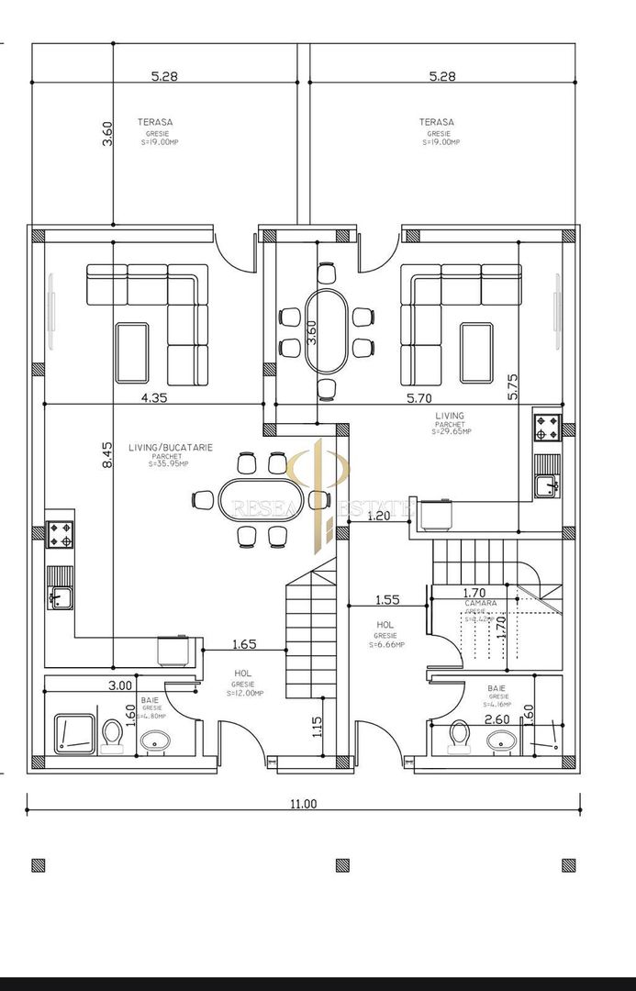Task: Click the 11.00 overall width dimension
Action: pyautogui.click(x=303, y=804)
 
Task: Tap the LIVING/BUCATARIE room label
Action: pyautogui.click(x=169, y=447)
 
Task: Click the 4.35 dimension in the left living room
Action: pyautogui.click(x=153, y=397)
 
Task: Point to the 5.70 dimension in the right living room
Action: pyautogui.click(x=418, y=397)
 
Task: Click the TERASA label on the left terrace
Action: pyautogui.click(x=155, y=122)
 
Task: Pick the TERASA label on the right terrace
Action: pyautogui.click(x=437, y=122)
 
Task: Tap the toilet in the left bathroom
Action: pyautogui.click(x=113, y=734)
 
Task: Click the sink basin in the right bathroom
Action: pyautogui.click(x=499, y=740)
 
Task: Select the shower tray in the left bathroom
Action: pyautogui.click(x=73, y=733)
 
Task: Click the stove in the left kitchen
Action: pyautogui.click(x=61, y=534)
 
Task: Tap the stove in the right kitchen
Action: pyautogui.click(x=548, y=426)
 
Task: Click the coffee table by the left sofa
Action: pyautogui.click(x=131, y=352)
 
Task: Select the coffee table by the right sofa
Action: pyautogui.click(x=475, y=352)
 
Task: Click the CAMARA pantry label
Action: pyautogui.click(x=481, y=603)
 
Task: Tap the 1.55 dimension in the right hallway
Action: pyautogui.click(x=387, y=599)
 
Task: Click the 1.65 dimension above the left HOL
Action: pyautogui.click(x=244, y=644)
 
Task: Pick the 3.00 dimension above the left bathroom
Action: pyautogui.click(x=120, y=685)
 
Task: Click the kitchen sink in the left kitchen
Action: pyautogui.click(x=60, y=598)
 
